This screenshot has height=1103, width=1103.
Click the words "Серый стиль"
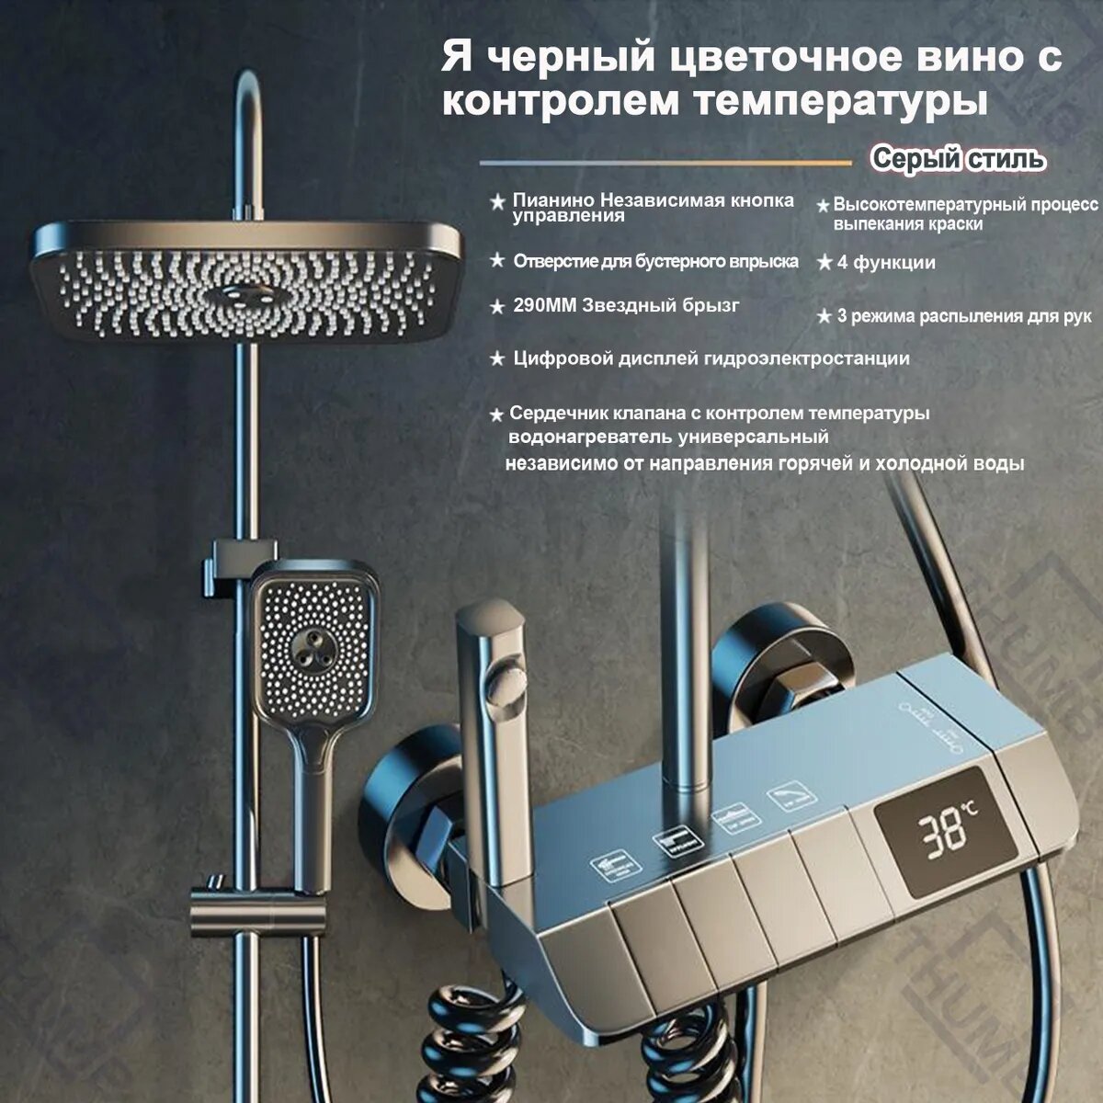[x=958, y=159]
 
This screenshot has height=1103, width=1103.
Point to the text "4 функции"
[x=886, y=263]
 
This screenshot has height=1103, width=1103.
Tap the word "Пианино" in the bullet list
[x=551, y=200]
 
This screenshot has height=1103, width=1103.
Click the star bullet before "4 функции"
[x=824, y=263]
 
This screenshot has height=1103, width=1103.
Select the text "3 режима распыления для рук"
[x=963, y=316]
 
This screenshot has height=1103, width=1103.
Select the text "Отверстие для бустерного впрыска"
[x=655, y=262]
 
